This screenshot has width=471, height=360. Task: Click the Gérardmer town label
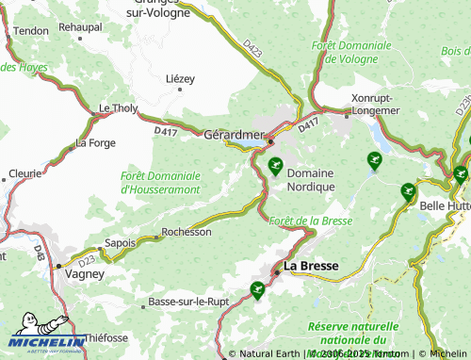pyautogui.click(x=232, y=135)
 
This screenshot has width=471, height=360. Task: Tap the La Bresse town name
pyautogui.click(x=311, y=266)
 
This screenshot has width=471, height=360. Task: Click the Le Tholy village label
pyautogui.click(x=118, y=109)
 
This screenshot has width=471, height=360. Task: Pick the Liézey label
pyautogui.click(x=179, y=78)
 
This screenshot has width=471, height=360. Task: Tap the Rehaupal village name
pyautogui.click(x=80, y=27)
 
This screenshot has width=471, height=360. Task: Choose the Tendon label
pyautogui.click(x=32, y=31)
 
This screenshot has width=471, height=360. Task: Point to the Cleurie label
pyautogui.click(x=24, y=173)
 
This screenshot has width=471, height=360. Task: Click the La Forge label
pyautogui.click(x=94, y=143)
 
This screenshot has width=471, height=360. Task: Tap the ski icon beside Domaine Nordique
pyautogui.click(x=275, y=168)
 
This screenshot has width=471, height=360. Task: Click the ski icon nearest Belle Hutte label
pyautogui.click(x=408, y=191)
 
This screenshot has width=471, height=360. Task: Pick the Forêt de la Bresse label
pyautogui.click(x=310, y=221)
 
